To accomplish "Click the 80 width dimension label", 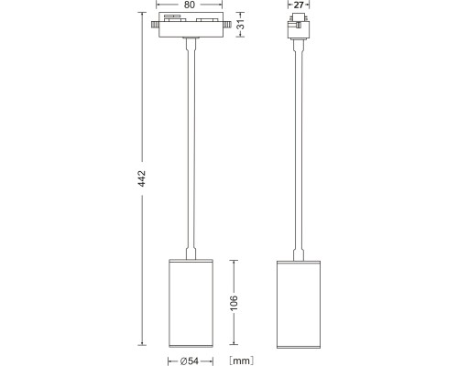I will point(191,5).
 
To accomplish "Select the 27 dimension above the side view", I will point(300,5).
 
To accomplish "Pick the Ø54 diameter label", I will point(192,360).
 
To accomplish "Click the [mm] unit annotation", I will point(241,360).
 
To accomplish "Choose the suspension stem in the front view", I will point(191,146).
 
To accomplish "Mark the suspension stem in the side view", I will point(300,146).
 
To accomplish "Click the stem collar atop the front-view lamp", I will point(191,253).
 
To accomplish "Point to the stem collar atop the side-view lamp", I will point(300,253).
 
